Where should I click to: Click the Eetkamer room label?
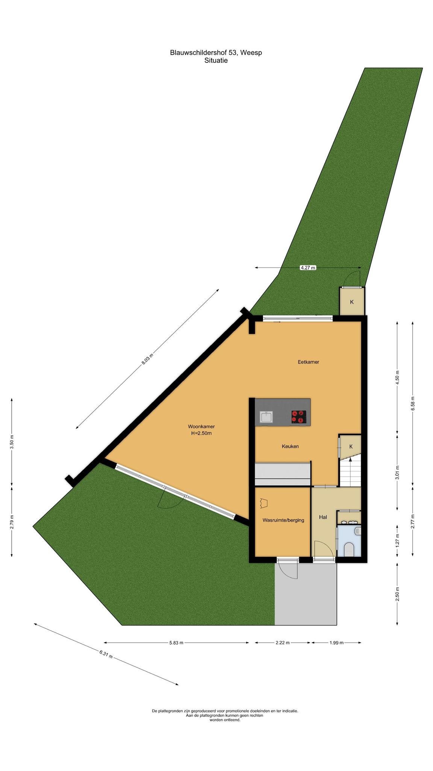pyautogui.click(x=308, y=362)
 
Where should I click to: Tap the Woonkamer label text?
pyautogui.click(x=201, y=427)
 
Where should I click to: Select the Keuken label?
pyautogui.click(x=290, y=446)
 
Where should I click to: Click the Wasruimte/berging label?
pyautogui.click(x=283, y=520)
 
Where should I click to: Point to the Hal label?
pyautogui.click(x=323, y=517)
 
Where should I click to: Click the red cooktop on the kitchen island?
pyautogui.click(x=299, y=417)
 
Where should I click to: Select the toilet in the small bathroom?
pyautogui.click(x=350, y=549)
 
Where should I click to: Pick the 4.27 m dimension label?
pyautogui.click(x=308, y=268)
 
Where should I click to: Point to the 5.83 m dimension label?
pyautogui.click(x=176, y=643)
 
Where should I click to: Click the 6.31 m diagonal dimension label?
pyautogui.click(x=106, y=654)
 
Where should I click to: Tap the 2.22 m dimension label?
pyautogui.click(x=283, y=643)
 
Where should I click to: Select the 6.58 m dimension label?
pyautogui.click(x=413, y=404)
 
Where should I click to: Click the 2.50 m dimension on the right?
pyautogui.click(x=398, y=594)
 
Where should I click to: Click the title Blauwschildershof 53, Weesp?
pyautogui.click(x=216, y=53)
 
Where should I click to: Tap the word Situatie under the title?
pyautogui.click(x=216, y=60)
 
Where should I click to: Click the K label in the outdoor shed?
pyautogui.click(x=352, y=302)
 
